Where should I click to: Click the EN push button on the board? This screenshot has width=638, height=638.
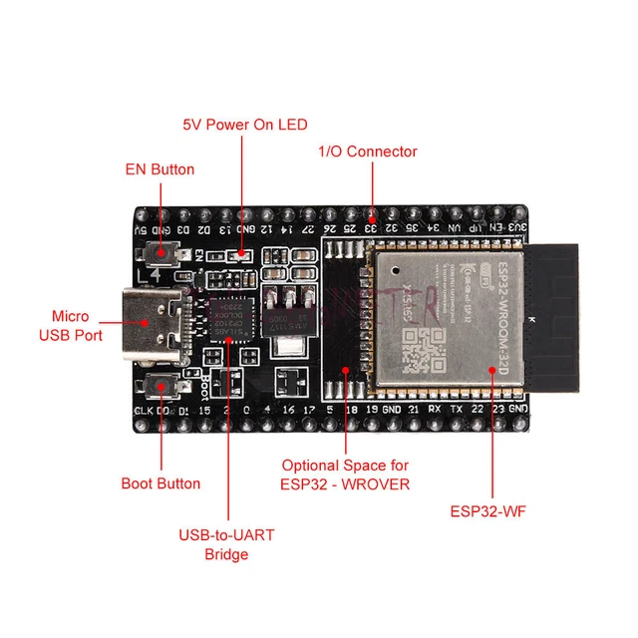pos(160,255)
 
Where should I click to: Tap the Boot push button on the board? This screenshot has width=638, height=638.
pos(160,387)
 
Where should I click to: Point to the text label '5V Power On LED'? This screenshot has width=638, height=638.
pos(244,125)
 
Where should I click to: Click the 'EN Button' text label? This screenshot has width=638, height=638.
pos(159,168)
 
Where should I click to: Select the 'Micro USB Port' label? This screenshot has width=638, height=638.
pos(71,325)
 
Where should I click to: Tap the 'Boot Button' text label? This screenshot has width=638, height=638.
pos(160,483)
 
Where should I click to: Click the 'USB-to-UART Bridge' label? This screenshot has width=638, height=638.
pos(226,544)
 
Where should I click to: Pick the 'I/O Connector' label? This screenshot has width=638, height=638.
pos(367,152)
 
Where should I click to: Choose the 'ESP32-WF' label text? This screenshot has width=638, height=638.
pos(488,512)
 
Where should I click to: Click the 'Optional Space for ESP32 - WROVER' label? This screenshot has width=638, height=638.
pos(345,475)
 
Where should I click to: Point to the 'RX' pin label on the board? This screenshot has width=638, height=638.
pos(435,409)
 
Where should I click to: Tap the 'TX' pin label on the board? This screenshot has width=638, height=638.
pos(456,409)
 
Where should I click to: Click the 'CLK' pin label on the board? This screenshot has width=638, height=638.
pos(142,410)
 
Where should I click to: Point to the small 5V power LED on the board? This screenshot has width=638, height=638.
pos(240,256)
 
